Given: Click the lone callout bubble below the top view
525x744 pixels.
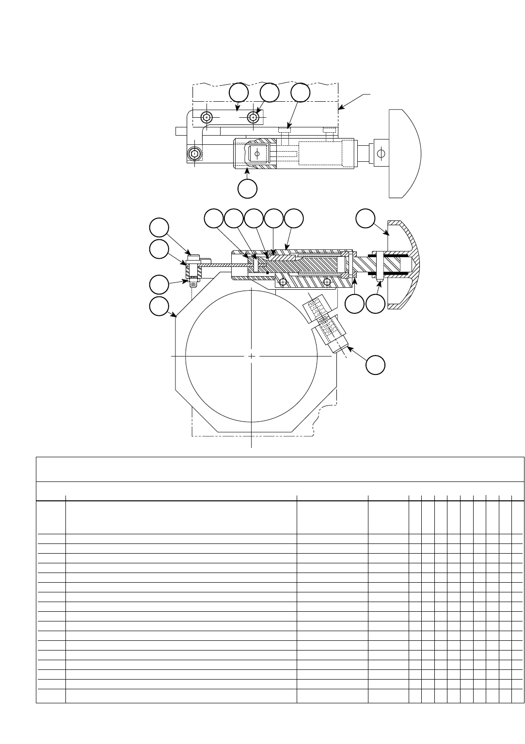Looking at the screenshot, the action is tap(247, 189).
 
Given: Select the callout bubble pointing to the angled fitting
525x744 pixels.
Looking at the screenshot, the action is tap(375, 365).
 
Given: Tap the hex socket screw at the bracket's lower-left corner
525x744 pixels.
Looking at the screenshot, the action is tap(194, 154).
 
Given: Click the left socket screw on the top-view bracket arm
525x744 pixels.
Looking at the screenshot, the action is tap(207, 117).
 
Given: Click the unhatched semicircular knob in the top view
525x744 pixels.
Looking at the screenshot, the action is tap(405, 154).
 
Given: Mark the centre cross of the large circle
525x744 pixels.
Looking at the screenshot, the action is tap(252, 356).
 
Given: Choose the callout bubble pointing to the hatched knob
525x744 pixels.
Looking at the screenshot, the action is tap(366, 218).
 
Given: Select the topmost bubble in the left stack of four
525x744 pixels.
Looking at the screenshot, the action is tap(159, 228).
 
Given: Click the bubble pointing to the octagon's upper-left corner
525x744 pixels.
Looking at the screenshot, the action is tap(159, 307).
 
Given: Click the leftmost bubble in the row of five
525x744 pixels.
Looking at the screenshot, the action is tap(213, 218).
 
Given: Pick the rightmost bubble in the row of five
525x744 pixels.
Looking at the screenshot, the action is tap(293, 218).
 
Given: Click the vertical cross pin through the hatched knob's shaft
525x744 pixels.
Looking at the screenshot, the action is tap(378, 265).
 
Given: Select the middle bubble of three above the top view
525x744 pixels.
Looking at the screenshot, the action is tap(270, 93).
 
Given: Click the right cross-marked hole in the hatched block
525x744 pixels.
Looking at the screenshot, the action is tap(328, 281).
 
